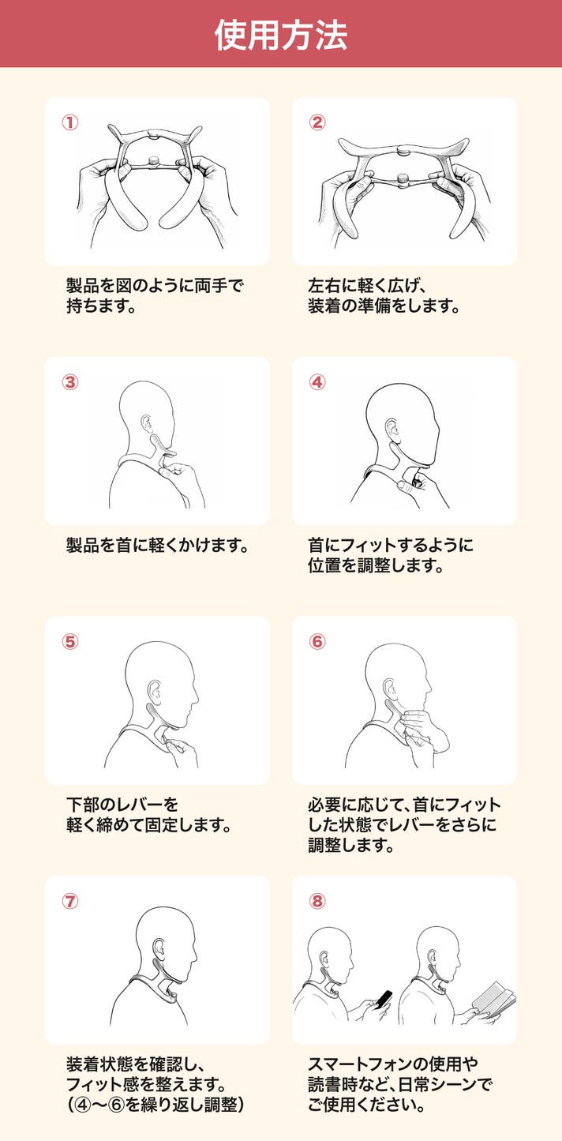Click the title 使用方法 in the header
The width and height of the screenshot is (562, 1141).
[x=281, y=35]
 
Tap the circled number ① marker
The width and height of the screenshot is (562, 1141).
[x=70, y=122]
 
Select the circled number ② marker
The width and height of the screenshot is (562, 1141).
[x=317, y=122]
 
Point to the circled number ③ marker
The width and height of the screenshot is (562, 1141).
[x=70, y=382]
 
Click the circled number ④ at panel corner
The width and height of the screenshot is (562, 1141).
[x=317, y=382]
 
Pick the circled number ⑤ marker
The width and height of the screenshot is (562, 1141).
[x=70, y=642]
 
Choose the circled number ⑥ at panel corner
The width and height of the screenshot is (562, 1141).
[x=317, y=642]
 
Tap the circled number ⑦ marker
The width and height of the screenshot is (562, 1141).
[x=70, y=901]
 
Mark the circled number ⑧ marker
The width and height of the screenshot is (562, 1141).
[x=317, y=901]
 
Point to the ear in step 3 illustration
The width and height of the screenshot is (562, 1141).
[x=146, y=422]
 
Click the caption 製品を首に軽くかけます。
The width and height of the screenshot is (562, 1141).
[x=158, y=546]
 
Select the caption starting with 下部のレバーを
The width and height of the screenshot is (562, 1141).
[x=122, y=805]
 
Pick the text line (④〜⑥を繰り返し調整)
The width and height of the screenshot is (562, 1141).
[x=155, y=1104]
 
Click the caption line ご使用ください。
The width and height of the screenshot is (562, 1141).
[x=366, y=1104]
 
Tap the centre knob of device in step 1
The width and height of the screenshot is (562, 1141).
[x=152, y=162]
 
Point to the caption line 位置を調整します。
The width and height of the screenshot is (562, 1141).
[x=376, y=565]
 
